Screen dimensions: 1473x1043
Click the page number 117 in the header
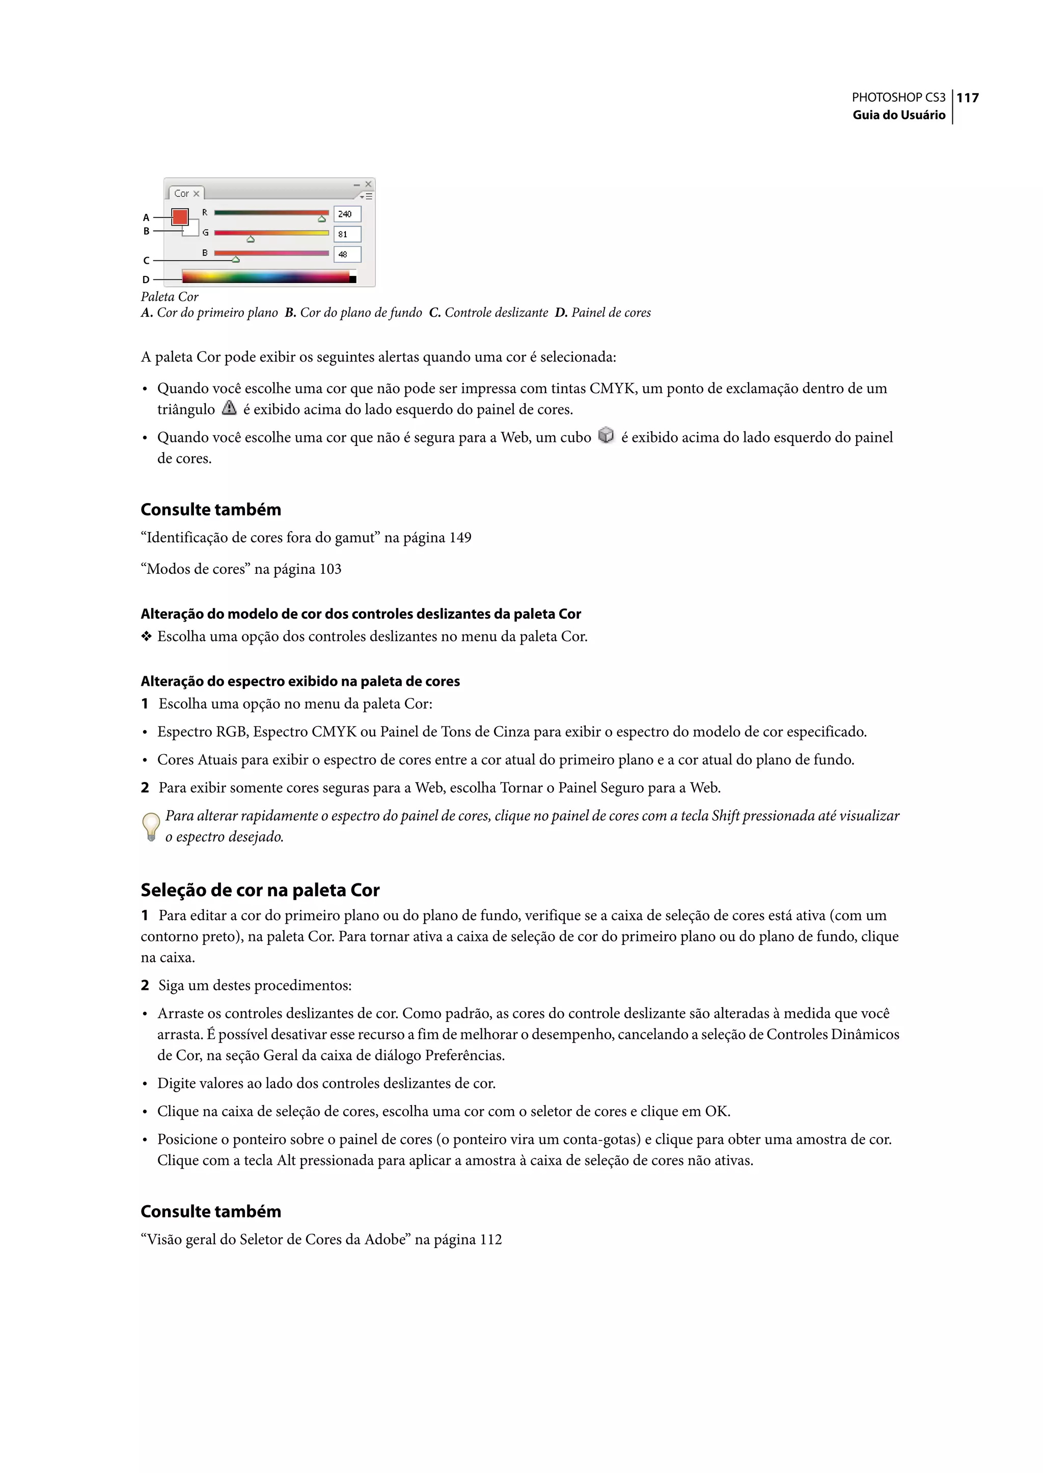(x=967, y=98)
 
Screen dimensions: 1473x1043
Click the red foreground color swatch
(x=180, y=217)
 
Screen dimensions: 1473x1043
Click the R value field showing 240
(x=347, y=214)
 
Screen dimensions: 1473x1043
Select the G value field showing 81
(x=347, y=234)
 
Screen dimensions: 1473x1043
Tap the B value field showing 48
(x=347, y=254)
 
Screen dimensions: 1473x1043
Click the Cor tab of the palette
(x=182, y=193)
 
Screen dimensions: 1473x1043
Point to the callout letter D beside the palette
(x=146, y=280)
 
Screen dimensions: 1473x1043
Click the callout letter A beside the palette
(x=146, y=218)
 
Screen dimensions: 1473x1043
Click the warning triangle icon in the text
(x=229, y=408)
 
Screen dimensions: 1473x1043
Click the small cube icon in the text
(x=606, y=435)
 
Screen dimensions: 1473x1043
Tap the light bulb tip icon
(x=151, y=826)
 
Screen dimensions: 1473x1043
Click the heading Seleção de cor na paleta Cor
(x=260, y=890)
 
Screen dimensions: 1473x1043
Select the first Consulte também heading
(x=211, y=509)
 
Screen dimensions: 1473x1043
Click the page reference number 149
(x=460, y=538)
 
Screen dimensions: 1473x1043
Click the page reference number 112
(x=490, y=1239)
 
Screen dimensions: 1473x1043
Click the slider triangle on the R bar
(x=322, y=219)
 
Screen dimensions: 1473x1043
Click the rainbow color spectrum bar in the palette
(x=266, y=277)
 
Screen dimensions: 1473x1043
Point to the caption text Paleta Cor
(x=170, y=297)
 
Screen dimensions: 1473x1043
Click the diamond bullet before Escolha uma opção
(x=147, y=636)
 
